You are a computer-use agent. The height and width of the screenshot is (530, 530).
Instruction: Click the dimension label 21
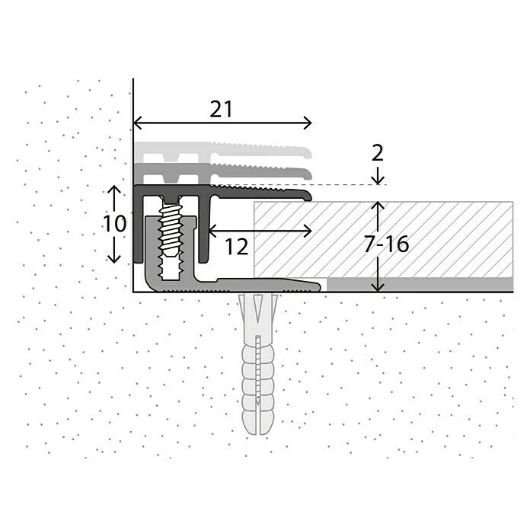(221, 110)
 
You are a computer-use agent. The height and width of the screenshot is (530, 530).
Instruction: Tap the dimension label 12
(236, 247)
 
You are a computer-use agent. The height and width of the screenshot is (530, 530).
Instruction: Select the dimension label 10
(114, 225)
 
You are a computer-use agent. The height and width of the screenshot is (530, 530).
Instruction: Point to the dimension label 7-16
(386, 244)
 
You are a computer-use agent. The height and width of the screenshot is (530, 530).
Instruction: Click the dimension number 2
(377, 153)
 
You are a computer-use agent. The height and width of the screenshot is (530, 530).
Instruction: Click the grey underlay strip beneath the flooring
(419, 284)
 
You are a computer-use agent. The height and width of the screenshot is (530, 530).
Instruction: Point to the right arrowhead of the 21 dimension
(308, 123)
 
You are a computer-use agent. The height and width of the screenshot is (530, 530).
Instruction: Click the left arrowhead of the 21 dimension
(137, 123)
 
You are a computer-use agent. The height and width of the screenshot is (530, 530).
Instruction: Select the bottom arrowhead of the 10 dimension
(113, 259)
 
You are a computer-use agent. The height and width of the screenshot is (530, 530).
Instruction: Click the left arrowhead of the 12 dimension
(211, 230)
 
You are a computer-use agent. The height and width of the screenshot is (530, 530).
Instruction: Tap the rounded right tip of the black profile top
(308, 196)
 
